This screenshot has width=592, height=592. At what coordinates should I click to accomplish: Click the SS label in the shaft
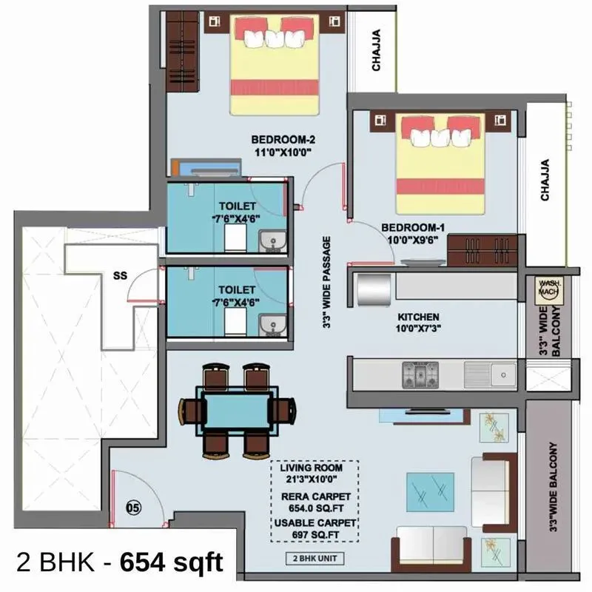pos(120,275)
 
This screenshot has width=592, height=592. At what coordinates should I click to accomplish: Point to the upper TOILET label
pos(237,206)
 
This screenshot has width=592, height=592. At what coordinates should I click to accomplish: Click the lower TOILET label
pos(237,289)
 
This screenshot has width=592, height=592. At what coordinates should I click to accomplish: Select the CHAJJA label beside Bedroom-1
pos(545,180)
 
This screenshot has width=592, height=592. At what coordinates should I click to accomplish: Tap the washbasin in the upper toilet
pos(271,239)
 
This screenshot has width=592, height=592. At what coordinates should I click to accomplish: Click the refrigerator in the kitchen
pos(374,289)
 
